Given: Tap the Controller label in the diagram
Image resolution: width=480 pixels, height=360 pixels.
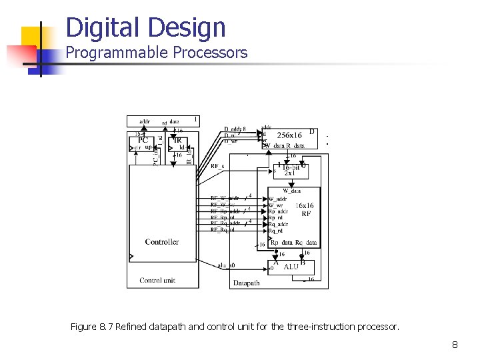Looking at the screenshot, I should point(162,242).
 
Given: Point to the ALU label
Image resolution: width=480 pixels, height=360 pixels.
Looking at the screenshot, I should point(291,267).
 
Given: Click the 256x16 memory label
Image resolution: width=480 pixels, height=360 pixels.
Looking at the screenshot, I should point(289,135).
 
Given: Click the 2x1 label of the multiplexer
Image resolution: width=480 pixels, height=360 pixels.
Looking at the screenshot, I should point(289,173).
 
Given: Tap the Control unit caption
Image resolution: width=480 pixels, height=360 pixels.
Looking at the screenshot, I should point(157,281).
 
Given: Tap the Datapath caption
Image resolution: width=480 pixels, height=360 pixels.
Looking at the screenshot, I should point(247,283).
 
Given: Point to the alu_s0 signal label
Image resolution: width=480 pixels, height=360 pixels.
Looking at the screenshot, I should point(226,265).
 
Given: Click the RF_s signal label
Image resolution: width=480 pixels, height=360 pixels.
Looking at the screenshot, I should point(217,166).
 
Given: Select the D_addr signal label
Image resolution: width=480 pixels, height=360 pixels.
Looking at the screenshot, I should point(235,129).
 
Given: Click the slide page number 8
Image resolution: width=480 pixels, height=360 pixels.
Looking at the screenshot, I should point(455,345).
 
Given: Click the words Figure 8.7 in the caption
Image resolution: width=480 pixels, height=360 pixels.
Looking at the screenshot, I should point(92,327).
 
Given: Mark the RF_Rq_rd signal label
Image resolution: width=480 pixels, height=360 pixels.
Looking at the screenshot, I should point(224,230).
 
